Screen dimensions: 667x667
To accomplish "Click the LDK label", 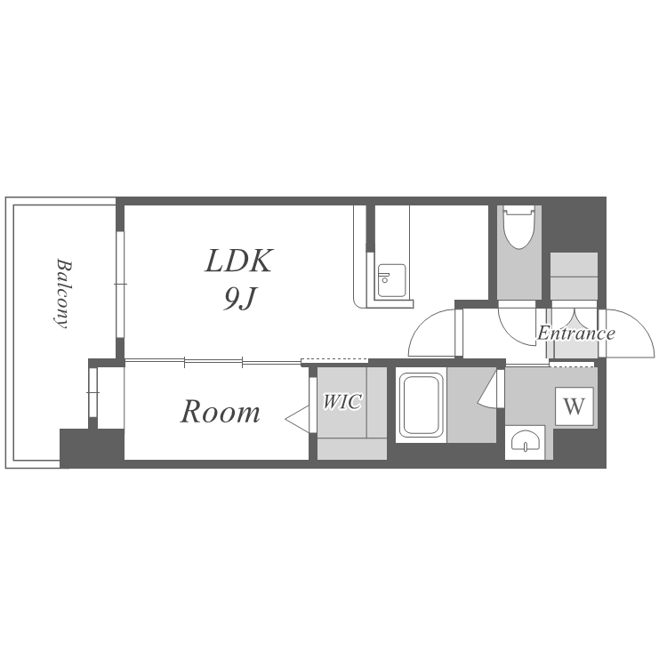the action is click(x=238, y=261).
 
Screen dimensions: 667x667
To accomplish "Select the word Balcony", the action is click(x=63, y=293).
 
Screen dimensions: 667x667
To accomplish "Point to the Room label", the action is click(x=221, y=412).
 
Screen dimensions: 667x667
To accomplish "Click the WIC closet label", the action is click(x=343, y=401).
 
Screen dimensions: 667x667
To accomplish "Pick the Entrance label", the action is click(x=576, y=333).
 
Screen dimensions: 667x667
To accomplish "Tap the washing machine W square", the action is click(x=574, y=406).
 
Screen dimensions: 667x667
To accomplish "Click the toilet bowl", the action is click(x=518, y=227).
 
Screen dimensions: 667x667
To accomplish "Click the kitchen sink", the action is click(x=391, y=281).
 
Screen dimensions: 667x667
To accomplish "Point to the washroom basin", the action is click(x=525, y=442).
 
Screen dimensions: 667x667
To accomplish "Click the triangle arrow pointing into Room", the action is click(x=298, y=420).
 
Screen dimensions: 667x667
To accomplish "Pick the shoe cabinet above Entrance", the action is click(x=574, y=277).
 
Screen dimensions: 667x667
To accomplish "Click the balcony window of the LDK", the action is click(x=120, y=285).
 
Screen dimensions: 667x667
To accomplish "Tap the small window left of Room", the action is click(x=92, y=392).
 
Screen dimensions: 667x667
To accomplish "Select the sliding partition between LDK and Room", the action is click(x=213, y=363).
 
